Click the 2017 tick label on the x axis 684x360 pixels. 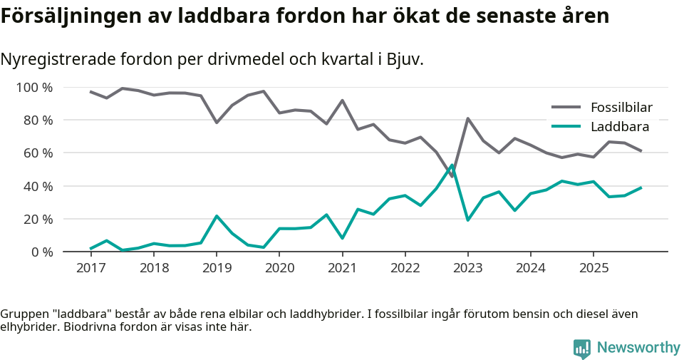(90, 268)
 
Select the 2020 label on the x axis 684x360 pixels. (279, 268)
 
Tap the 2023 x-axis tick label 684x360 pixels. (467, 268)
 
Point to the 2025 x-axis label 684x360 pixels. (593, 268)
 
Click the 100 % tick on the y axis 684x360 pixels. (34, 88)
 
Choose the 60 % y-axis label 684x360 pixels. (37, 153)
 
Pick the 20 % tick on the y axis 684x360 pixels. (37, 219)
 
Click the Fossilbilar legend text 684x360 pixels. (621, 108)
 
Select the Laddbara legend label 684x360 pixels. (619, 127)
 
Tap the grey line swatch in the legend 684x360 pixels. (566, 108)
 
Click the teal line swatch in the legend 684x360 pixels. (566, 127)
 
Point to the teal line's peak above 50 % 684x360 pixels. (452, 165)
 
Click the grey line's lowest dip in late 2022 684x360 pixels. (452, 176)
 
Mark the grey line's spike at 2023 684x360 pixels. (467, 118)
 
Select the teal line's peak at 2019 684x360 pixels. (217, 216)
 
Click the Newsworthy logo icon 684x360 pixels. (582, 348)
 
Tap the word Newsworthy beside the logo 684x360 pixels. (638, 348)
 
